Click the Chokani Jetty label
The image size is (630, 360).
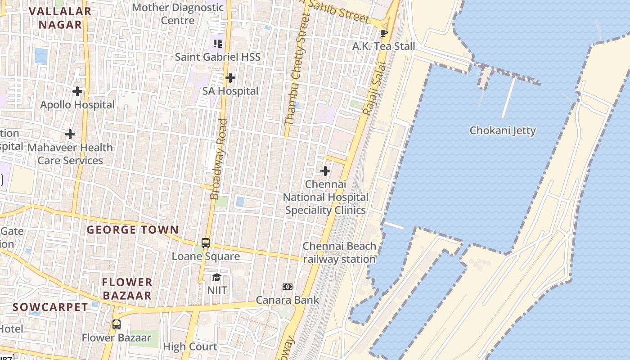coord(503,130)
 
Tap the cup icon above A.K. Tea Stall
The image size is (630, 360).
coord(383,33)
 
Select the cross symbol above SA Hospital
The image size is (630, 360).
coord(230,78)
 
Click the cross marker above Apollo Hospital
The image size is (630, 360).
coord(77,91)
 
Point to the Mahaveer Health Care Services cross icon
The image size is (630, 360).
coord(70,134)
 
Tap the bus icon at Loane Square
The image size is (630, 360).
coord(206,243)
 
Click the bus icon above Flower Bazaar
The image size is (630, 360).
coord(117,324)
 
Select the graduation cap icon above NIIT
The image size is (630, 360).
coord(217,277)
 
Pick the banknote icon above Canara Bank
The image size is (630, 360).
coord(288,287)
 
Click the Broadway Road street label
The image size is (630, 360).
coord(219,159)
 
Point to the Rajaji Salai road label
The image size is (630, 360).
coord(374,90)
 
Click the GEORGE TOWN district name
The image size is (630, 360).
coord(133,230)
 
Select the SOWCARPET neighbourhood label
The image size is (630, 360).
coord(50,307)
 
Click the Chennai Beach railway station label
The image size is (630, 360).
coord(339,252)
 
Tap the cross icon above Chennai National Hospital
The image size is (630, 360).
coord(325,171)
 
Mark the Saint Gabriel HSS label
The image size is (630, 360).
coord(218,57)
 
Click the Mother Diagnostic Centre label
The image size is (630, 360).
coord(178,14)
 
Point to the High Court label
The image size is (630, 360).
coord(190,346)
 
